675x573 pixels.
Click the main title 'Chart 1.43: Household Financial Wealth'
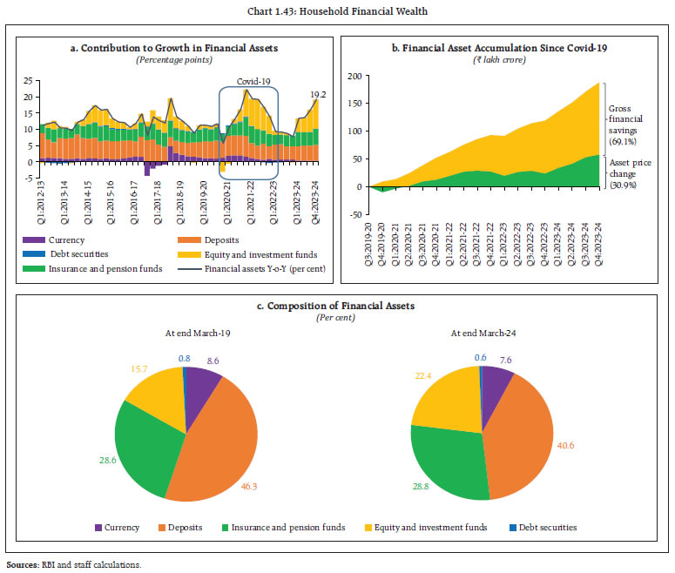tap(337, 10)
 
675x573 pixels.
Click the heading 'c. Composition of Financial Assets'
tap(337, 306)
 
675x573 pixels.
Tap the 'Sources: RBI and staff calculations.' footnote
tap(74, 565)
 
